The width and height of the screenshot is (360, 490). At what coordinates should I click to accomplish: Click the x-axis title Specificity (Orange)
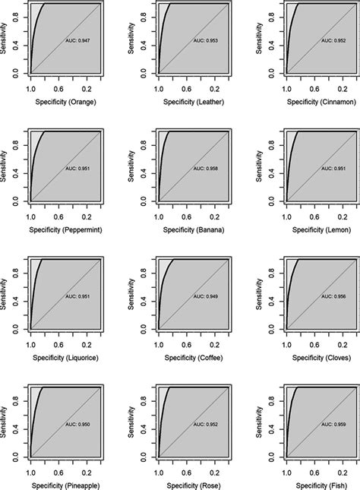[65, 101]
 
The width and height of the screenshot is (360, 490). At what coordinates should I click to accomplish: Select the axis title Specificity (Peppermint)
[65, 229]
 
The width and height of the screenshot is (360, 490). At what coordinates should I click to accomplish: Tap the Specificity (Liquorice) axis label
[65, 356]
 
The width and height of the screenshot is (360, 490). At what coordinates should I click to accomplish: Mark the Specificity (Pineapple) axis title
[65, 484]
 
